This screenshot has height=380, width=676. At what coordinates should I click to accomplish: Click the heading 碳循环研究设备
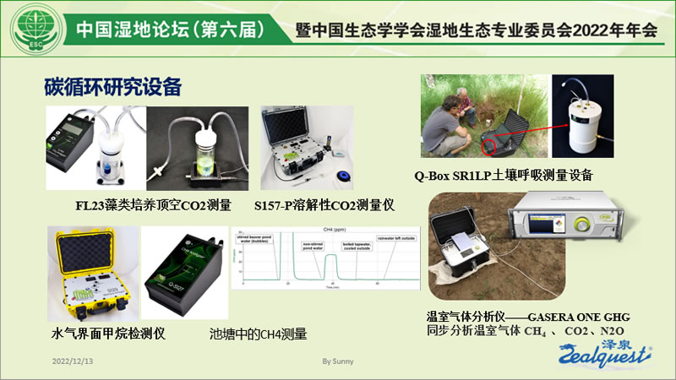click(113, 87)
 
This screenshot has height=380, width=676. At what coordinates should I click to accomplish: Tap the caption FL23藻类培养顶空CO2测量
click(153, 204)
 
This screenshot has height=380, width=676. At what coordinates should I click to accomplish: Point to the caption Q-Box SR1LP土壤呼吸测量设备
click(504, 176)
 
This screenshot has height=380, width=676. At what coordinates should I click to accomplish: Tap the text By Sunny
click(338, 361)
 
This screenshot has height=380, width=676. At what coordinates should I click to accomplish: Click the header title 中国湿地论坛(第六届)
click(169, 29)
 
